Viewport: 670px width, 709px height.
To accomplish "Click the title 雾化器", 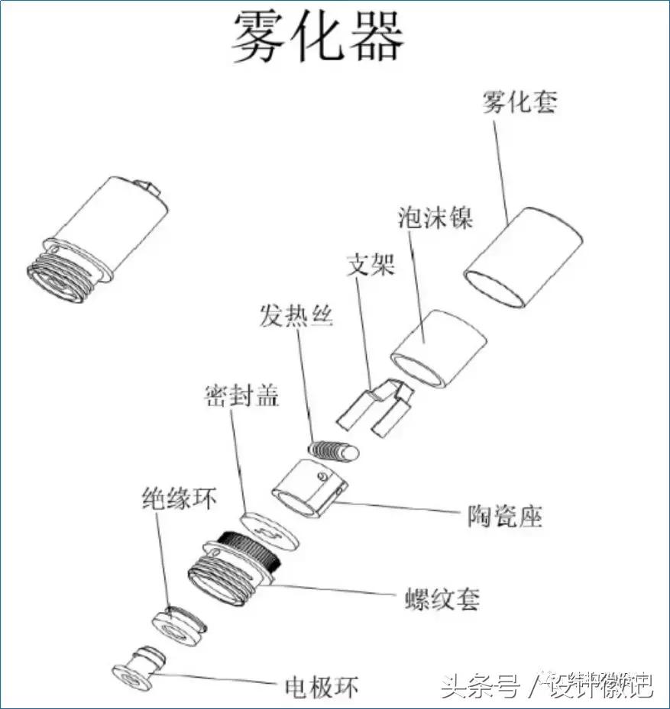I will point(318,36).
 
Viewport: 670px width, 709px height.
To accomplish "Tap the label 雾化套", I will point(519,102).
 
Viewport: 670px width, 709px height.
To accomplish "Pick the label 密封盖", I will point(241,395).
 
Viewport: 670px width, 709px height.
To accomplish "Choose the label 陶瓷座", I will point(504,517).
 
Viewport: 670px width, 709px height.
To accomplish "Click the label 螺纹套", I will point(442,598).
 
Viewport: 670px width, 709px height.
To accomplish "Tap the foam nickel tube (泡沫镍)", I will point(439,347).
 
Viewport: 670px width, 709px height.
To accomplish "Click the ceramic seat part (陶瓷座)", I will point(309,489).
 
